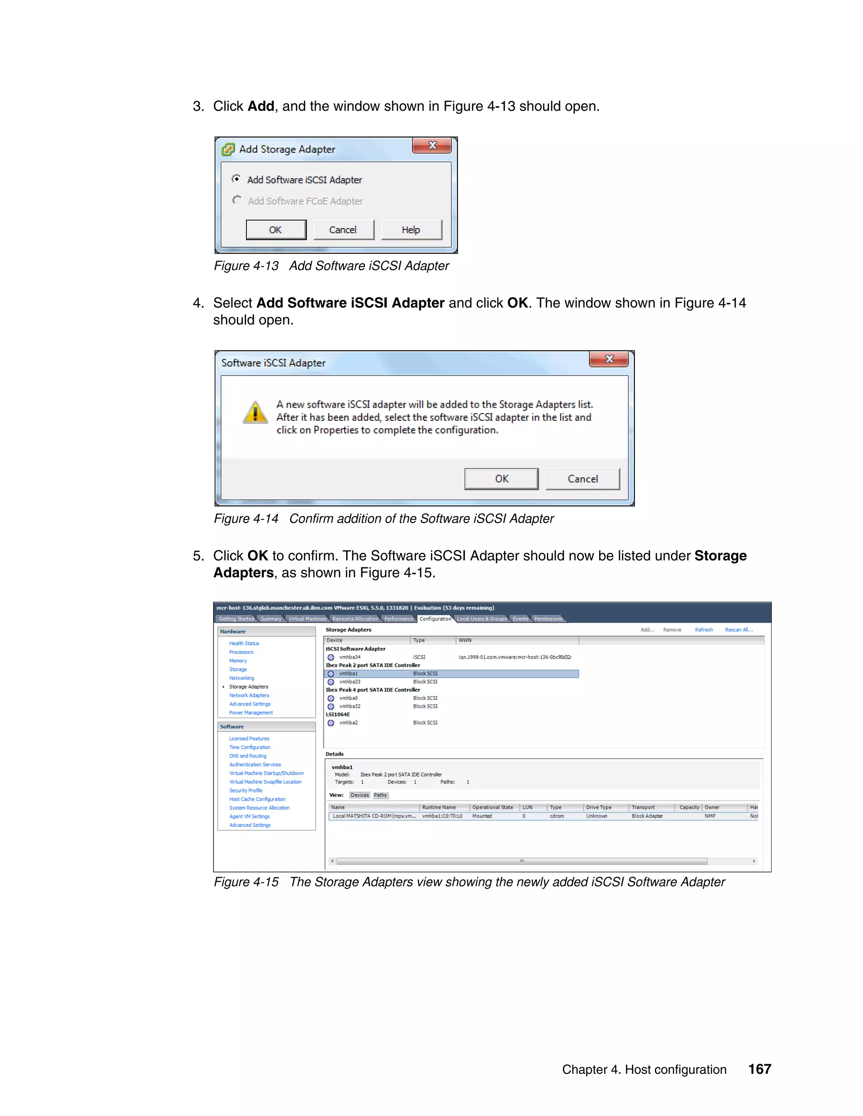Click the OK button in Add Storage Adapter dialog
pos(276,230)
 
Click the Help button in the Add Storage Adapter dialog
pos(410,230)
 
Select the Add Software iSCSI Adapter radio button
pos(236,179)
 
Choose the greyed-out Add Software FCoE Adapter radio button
pos(237,200)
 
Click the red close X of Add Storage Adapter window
pos(432,146)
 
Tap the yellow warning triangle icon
pos(255,412)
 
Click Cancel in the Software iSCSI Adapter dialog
pos(582,479)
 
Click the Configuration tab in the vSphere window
pos(435,619)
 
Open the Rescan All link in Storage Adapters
pos(738,630)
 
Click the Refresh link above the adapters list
pos(703,630)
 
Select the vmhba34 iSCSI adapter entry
pos(350,657)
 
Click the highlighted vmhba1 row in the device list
pos(348,673)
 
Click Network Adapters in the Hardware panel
pos(249,695)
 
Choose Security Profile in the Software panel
pos(245,790)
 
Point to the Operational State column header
pos(492,807)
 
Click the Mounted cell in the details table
pos(482,816)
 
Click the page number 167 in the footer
pos(759,1069)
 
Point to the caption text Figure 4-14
pos(246,519)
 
